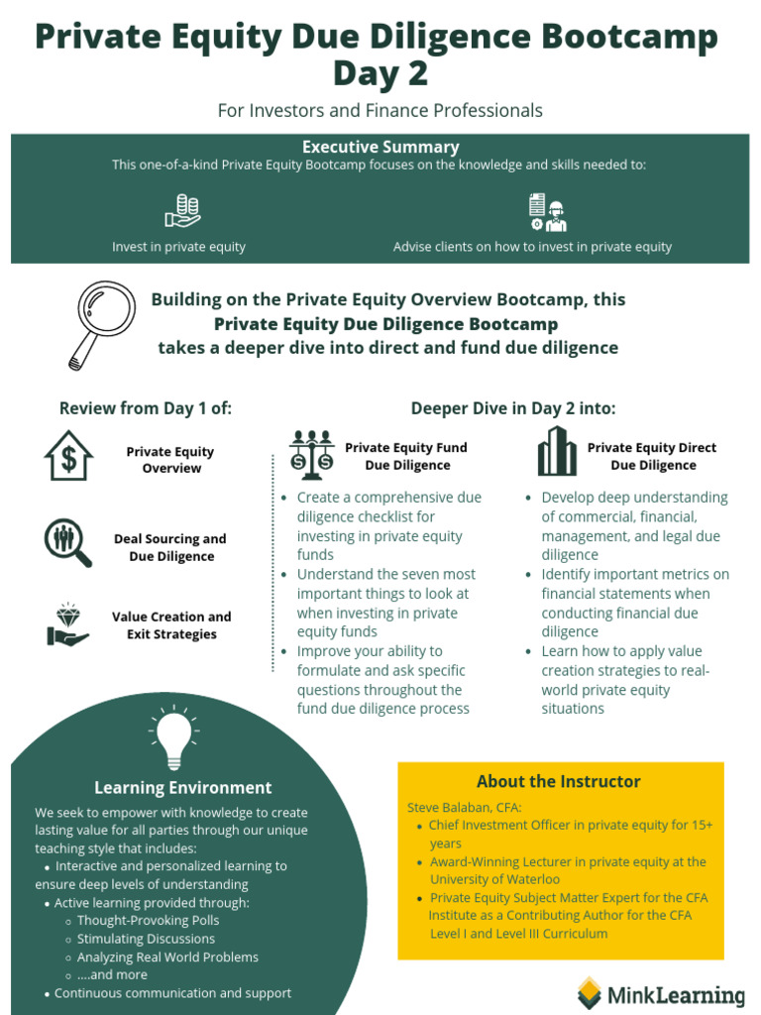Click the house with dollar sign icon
pos(68,456)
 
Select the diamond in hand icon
pos(67,624)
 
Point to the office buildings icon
pos(557,452)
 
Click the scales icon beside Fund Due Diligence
pos(311,455)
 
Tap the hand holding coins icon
pos(182,211)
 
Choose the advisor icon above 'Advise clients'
pos(547,212)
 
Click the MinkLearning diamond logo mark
pos(590,992)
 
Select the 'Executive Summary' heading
pos(380,147)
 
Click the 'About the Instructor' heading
pos(559,781)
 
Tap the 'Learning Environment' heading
pos(182,788)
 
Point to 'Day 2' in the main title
pos(380,74)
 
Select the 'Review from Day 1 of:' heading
pos(146,408)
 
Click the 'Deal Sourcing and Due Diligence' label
pos(170,547)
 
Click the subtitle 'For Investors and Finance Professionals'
pos(380,110)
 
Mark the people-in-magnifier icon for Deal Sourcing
pos(67,542)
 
